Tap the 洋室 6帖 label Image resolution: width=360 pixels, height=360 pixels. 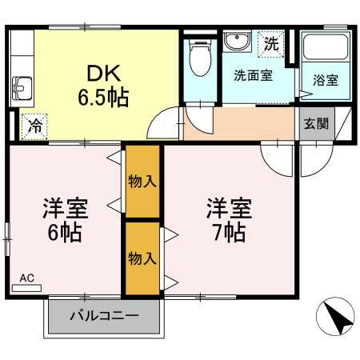[65, 221]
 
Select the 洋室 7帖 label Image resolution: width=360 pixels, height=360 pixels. [230, 220]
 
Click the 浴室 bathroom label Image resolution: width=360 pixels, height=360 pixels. [326, 80]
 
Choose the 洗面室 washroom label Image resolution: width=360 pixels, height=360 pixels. [253, 77]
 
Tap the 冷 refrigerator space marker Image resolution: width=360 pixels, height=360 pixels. [34, 126]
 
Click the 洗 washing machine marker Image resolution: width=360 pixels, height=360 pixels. [272, 43]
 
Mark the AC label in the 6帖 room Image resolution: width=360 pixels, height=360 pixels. [27, 278]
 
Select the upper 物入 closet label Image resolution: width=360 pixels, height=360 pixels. [142, 182]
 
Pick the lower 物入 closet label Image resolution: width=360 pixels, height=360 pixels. [142, 258]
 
